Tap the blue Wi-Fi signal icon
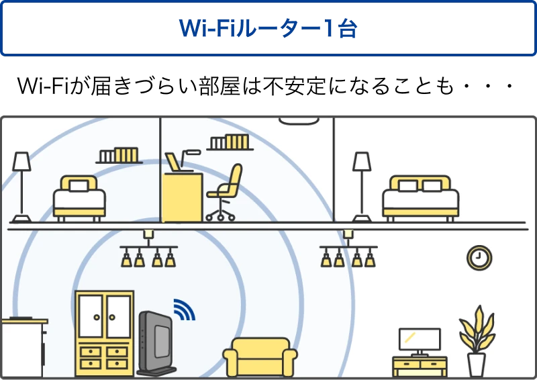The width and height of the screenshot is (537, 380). pos(183,308)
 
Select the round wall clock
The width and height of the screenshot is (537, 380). pos(479,257)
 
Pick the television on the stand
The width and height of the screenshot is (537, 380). pos(420,340)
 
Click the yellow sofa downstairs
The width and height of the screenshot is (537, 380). pos(260,357)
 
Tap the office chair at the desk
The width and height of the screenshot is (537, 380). pos(225,191)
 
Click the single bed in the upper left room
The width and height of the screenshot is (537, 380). pos(79,197)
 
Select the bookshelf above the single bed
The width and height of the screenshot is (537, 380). pos(119,156)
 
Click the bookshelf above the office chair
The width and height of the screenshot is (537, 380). pos(230,142)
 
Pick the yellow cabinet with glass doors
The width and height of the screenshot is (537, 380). pos(104,333)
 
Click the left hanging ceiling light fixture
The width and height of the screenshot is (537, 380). pos(148,251)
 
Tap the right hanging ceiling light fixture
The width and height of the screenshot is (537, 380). pos(348,251)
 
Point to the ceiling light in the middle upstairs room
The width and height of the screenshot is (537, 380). pos(298,122)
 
